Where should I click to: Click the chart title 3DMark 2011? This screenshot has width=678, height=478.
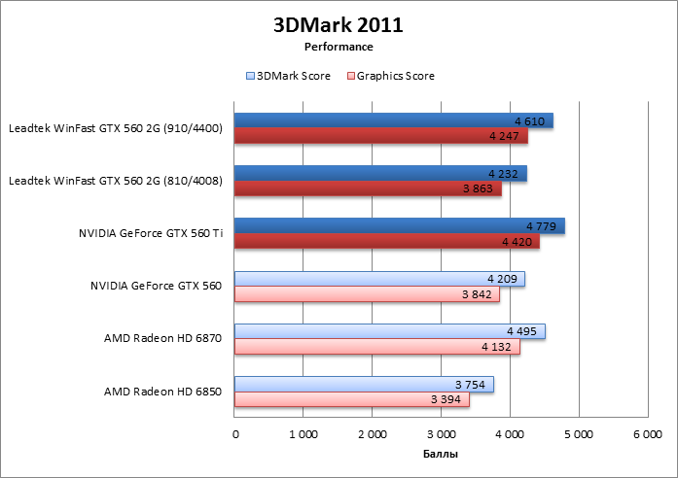tap(338, 24)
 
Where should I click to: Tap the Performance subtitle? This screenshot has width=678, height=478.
tap(338, 46)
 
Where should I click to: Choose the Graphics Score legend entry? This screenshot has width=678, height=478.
tap(390, 76)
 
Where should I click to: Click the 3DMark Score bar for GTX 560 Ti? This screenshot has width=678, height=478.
tap(399, 226)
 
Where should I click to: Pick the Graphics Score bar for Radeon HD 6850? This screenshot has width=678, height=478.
tap(352, 399)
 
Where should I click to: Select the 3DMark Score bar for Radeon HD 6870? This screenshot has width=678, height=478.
tap(389, 331)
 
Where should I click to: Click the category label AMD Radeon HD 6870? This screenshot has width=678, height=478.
tap(162, 338)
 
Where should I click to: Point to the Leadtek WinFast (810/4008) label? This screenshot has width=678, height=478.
tap(115, 181)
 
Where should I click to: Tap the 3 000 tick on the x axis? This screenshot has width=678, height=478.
tap(442, 434)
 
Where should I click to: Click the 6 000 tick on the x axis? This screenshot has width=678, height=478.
tap(647, 434)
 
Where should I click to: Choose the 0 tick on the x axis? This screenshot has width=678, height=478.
tap(235, 434)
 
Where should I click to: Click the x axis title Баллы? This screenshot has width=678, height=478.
tap(441, 454)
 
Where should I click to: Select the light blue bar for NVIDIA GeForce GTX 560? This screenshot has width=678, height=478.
tap(379, 279)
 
